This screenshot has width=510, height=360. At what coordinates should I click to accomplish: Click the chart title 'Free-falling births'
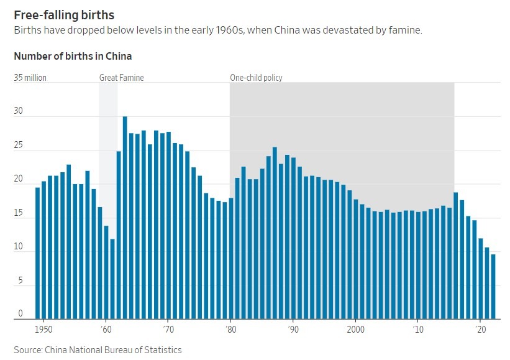click(64, 14)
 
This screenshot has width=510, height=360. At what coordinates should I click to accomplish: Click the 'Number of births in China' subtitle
click(73, 56)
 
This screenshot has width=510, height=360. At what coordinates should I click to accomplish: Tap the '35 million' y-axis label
click(30, 78)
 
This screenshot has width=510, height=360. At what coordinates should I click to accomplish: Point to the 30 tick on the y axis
click(19, 112)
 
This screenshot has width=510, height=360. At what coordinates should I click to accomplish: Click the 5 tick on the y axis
click(20, 280)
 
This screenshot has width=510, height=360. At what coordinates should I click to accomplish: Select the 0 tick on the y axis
click(20, 314)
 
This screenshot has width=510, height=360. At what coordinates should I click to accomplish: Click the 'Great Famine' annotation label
click(122, 78)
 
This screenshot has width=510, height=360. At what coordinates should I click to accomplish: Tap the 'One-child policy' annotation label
click(256, 78)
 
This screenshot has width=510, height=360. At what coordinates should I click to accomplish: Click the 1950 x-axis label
click(43, 329)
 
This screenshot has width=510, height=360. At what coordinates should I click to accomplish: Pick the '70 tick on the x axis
click(168, 329)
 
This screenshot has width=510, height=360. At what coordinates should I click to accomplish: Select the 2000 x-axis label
click(355, 329)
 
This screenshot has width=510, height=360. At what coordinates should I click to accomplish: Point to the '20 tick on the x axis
click(480, 329)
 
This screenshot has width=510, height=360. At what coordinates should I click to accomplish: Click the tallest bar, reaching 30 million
click(125, 218)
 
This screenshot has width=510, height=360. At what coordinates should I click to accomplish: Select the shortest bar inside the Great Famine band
click(112, 279)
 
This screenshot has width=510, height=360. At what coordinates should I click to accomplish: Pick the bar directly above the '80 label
click(231, 259)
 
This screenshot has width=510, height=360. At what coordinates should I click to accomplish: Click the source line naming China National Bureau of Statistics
click(98, 350)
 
